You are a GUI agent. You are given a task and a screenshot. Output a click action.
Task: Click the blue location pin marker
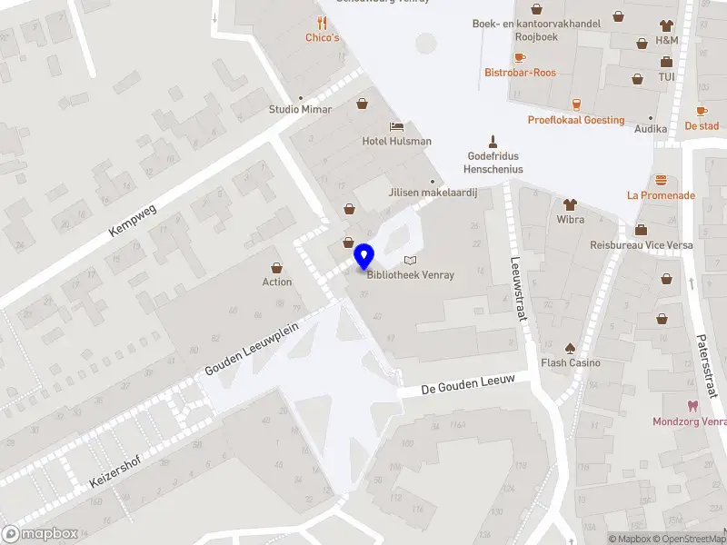(x=364, y=257)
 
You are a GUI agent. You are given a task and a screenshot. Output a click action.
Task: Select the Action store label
(x=277, y=282)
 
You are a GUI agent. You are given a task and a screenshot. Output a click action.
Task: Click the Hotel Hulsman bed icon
(x=397, y=125)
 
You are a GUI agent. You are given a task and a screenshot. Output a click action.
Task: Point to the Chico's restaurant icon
(x=322, y=23)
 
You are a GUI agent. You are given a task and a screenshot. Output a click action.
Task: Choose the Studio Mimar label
(x=300, y=109)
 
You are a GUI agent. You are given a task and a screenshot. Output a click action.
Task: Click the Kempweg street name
(x=133, y=221)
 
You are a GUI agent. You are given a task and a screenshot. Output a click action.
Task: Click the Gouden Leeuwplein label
(x=259, y=342)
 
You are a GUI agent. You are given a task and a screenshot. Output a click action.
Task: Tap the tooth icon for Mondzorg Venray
(x=692, y=406)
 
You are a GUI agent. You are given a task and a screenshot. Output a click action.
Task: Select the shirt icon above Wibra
(x=570, y=204)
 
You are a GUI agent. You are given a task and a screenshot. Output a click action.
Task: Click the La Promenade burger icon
(x=661, y=180)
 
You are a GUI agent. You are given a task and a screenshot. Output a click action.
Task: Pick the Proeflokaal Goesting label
(x=576, y=120)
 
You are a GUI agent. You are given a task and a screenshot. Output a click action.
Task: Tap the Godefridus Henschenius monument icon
(x=493, y=141)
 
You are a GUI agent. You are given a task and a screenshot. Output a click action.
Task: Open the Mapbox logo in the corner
(x=39, y=534)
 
